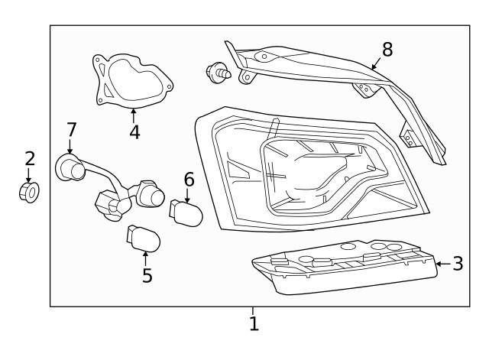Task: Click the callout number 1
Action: (x=254, y=324)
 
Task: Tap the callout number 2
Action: (x=30, y=159)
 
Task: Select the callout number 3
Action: (x=458, y=264)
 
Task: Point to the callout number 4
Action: (x=134, y=131)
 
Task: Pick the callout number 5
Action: (x=147, y=275)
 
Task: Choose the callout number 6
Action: (x=189, y=180)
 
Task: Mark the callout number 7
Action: (x=72, y=130)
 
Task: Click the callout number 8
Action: (x=387, y=50)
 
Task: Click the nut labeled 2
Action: (x=29, y=192)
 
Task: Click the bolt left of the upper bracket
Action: (x=217, y=74)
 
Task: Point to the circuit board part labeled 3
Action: (x=344, y=268)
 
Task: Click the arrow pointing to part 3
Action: (x=440, y=264)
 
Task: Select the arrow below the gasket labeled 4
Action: (x=134, y=115)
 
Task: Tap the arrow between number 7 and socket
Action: (x=70, y=147)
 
